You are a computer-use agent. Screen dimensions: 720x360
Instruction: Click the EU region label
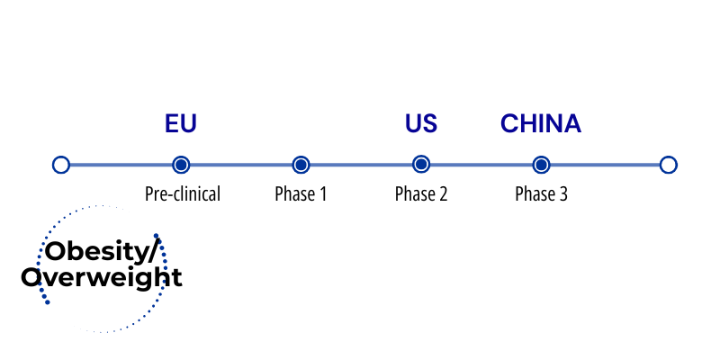181,123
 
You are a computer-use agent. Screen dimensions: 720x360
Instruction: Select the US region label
421,123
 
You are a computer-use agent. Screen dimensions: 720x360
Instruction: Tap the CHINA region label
541,123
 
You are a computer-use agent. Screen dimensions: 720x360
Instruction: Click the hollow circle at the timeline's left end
61,165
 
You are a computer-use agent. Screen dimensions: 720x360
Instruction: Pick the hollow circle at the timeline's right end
669,165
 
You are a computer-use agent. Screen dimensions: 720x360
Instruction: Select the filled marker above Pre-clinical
181,165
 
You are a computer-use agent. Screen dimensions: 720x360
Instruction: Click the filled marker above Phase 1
301,165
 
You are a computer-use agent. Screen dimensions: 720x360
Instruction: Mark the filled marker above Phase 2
421,165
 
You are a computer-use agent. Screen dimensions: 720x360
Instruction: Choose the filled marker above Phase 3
542,165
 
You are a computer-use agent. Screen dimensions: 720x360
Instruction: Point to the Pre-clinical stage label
183,193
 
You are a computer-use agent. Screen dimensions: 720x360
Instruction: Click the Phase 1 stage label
301,193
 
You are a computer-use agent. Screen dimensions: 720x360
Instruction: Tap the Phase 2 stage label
421,193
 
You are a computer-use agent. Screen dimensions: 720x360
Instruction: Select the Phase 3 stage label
542,193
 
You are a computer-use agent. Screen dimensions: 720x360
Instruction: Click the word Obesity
96,253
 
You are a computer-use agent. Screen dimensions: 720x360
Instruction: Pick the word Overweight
102,278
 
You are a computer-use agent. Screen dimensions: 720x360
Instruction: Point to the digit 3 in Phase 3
563,193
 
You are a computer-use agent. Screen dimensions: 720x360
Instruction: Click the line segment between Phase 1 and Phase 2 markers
361,165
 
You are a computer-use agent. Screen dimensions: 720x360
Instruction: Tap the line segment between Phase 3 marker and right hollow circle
605,165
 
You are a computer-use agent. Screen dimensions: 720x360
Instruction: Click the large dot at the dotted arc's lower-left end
48,301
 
